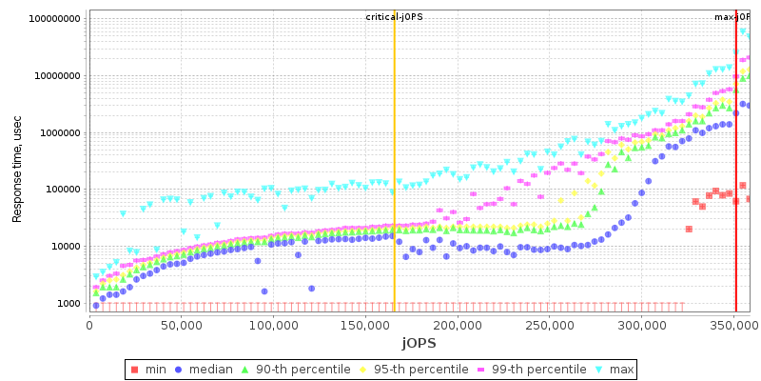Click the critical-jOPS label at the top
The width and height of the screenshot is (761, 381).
click(395, 17)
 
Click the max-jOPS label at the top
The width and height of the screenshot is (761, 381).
click(732, 17)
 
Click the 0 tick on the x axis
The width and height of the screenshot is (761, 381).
click(89, 325)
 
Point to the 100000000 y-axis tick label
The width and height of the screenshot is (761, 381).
click(54, 19)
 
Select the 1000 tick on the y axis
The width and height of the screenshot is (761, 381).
click(68, 304)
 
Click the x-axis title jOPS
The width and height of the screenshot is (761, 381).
click(419, 343)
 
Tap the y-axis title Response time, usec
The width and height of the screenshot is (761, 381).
click(17, 162)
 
